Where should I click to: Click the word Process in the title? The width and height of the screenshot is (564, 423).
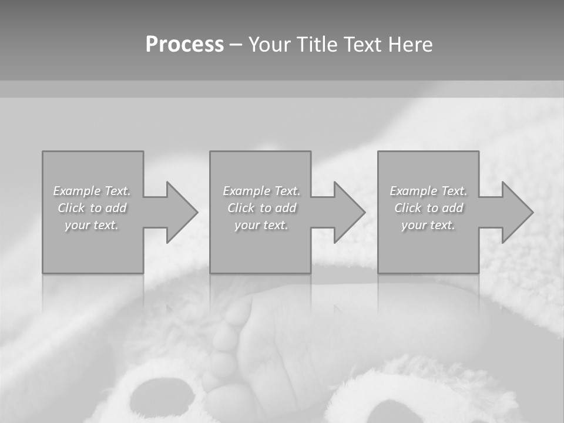pos(184,45)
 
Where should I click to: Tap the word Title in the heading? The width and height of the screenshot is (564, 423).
pos(315,45)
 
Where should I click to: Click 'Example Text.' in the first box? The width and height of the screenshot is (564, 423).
pos(92,191)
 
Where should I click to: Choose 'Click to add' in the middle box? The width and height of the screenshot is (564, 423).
pos(262,208)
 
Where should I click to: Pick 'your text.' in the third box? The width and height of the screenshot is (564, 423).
pos(428,225)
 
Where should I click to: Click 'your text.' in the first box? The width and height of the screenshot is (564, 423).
pos(92,225)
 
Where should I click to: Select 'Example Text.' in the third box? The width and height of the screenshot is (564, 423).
pos(428,191)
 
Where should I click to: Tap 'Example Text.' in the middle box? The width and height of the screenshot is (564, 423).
pos(262,191)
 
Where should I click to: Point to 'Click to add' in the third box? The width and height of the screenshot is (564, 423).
pos(428,208)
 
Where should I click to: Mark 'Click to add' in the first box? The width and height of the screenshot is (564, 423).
pos(92,208)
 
